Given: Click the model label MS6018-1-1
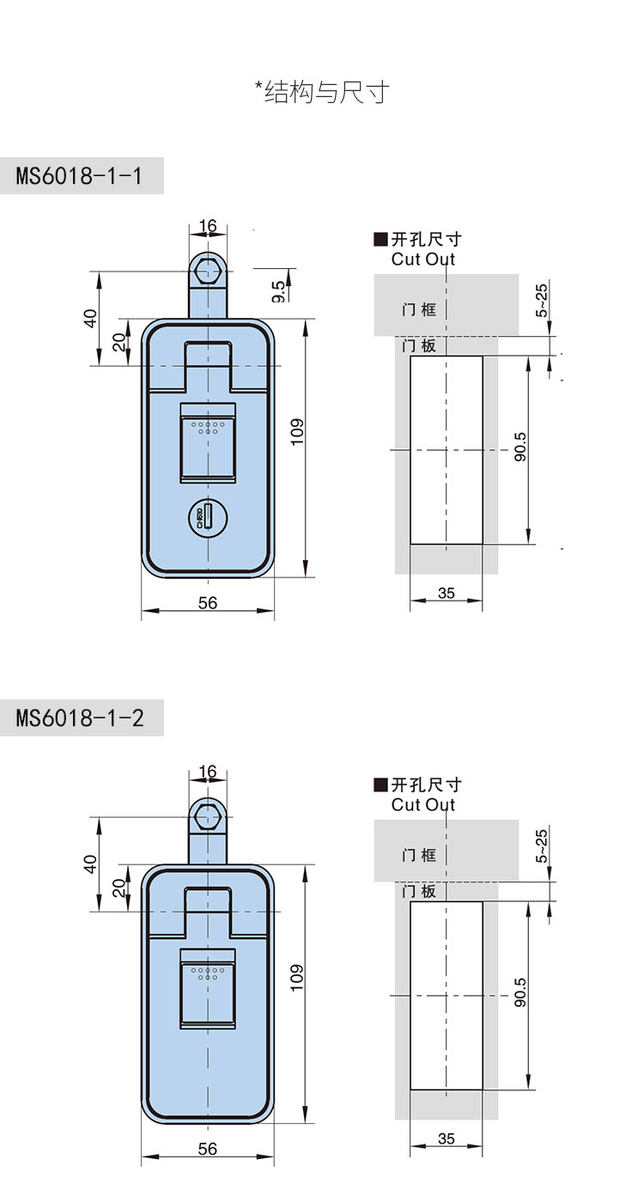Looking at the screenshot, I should coord(79,176).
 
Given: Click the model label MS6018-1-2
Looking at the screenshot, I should coord(80,718).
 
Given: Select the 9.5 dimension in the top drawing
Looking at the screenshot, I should coord(278,290).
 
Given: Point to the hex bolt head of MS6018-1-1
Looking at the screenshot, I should coord(207,270).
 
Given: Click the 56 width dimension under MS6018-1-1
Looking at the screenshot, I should coord(208,603).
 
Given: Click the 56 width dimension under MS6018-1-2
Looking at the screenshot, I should coord(208,1149).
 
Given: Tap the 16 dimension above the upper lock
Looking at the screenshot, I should coord(208,227).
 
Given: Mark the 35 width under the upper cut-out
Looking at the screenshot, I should coord(447,594).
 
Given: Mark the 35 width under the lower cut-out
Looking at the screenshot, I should coord(447,1139).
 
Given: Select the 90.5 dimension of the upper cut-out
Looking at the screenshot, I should coord(519,447).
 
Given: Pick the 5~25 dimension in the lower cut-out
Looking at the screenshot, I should coord(541,845).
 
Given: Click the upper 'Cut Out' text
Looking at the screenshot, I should coord(423,259).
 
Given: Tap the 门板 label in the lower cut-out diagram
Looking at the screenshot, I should coord(419,891).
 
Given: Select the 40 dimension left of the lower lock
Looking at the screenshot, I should coord(91,864).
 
